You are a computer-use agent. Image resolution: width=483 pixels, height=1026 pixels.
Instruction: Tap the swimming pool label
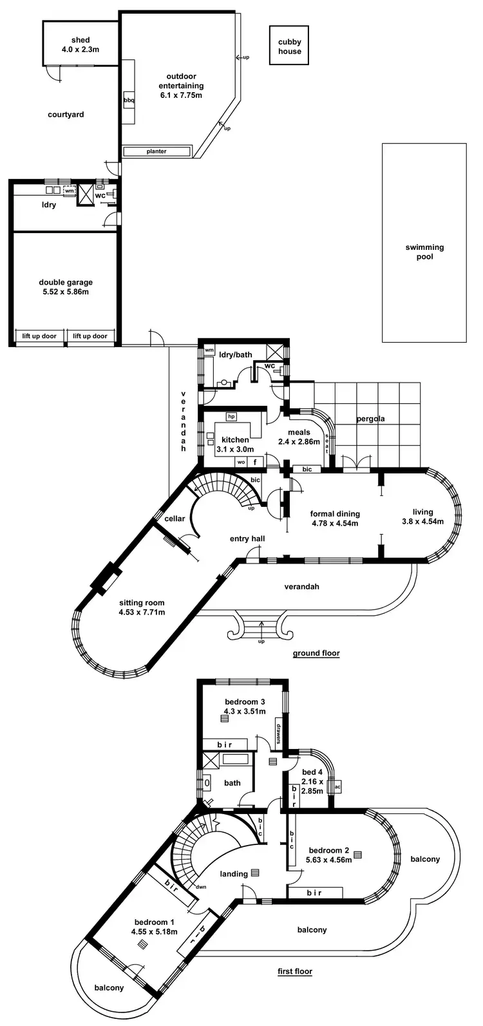[424, 252]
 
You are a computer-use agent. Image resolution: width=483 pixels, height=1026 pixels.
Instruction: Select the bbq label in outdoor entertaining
[129, 100]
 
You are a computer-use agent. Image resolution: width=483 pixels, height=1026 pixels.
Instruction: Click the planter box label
[156, 151]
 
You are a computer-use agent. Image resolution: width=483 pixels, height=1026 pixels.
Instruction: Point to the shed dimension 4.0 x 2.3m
[80, 49]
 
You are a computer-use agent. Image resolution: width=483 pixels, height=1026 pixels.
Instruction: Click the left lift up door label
[40, 336]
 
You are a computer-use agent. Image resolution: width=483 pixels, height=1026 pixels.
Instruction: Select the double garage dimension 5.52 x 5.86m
[66, 292]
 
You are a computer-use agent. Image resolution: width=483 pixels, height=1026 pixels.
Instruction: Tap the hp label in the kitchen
[231, 416]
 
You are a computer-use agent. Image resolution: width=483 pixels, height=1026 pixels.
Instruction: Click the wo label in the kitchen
[241, 462]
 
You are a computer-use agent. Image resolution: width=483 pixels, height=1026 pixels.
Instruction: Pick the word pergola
[370, 419]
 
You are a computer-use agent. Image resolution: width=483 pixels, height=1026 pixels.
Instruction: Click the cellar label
[175, 518]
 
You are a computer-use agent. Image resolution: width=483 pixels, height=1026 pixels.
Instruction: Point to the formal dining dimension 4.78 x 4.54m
[335, 523]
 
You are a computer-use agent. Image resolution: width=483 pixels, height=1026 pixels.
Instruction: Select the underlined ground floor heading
[316, 653]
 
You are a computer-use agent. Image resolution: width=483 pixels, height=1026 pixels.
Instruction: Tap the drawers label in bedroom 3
[279, 734]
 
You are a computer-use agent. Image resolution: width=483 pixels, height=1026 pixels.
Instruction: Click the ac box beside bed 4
[337, 787]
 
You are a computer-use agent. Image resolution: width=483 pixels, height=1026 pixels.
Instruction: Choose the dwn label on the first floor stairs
[201, 886]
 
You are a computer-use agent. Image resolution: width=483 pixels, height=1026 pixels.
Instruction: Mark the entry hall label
[247, 538]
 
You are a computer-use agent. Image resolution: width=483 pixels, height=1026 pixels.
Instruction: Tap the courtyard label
[66, 115]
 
